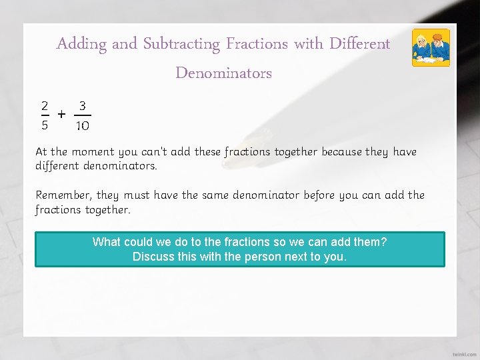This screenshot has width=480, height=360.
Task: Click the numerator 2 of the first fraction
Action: coord(44,105)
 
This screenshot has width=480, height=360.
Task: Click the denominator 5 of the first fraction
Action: coord(44,125)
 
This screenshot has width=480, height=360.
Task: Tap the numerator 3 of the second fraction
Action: coord(82,105)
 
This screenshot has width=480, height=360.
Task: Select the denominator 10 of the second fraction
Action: coord(82,125)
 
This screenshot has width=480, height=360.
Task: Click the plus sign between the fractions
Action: coord(62,115)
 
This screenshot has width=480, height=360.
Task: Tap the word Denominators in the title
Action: coord(223,73)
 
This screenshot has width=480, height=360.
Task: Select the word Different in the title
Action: coord(359,45)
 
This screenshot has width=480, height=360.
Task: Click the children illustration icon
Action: coord(431,48)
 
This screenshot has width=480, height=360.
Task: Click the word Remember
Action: coord(63,195)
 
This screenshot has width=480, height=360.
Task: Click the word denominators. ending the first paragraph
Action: coord(119,165)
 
